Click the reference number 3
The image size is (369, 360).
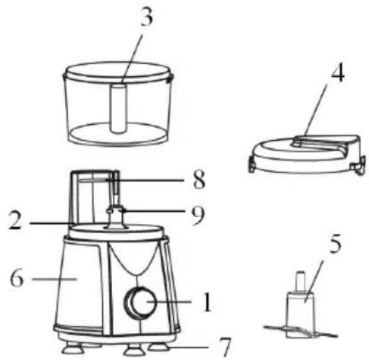click(x=147, y=17)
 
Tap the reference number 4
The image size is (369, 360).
click(x=338, y=72)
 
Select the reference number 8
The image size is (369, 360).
click(x=199, y=180)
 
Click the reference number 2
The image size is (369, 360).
click(x=15, y=220)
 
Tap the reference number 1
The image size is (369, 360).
click(x=207, y=302)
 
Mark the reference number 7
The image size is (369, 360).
click(x=225, y=347)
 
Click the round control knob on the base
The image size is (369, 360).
click(x=141, y=303)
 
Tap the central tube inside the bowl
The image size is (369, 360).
click(x=119, y=109)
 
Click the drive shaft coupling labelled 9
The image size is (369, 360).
click(x=115, y=217)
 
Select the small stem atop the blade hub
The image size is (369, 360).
click(x=301, y=282)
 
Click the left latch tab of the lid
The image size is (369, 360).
click(x=251, y=165)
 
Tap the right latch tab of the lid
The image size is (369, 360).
click(x=358, y=165)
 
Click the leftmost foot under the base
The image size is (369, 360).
click(x=73, y=348)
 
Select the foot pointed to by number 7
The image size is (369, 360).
click(x=159, y=347)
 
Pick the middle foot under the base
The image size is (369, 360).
click(x=133, y=350)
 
